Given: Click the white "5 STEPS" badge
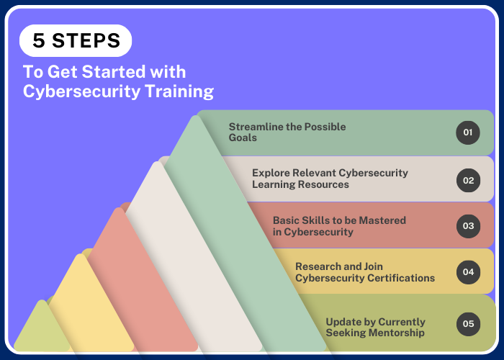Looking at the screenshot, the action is pos(76,40).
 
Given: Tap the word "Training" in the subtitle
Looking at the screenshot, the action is pos(179,91).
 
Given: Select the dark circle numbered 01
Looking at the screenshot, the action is pos(468,132).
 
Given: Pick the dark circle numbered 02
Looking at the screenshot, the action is pos(468,180).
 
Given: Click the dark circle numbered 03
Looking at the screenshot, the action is pos(468,226).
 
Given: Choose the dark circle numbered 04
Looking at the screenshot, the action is pos(468,272).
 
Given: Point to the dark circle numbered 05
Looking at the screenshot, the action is pos(468,324).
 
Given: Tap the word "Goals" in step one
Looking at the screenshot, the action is pos(243,138).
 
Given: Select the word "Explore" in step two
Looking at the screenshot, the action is pos(271,173).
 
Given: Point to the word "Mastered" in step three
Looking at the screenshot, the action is pos(382,220).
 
